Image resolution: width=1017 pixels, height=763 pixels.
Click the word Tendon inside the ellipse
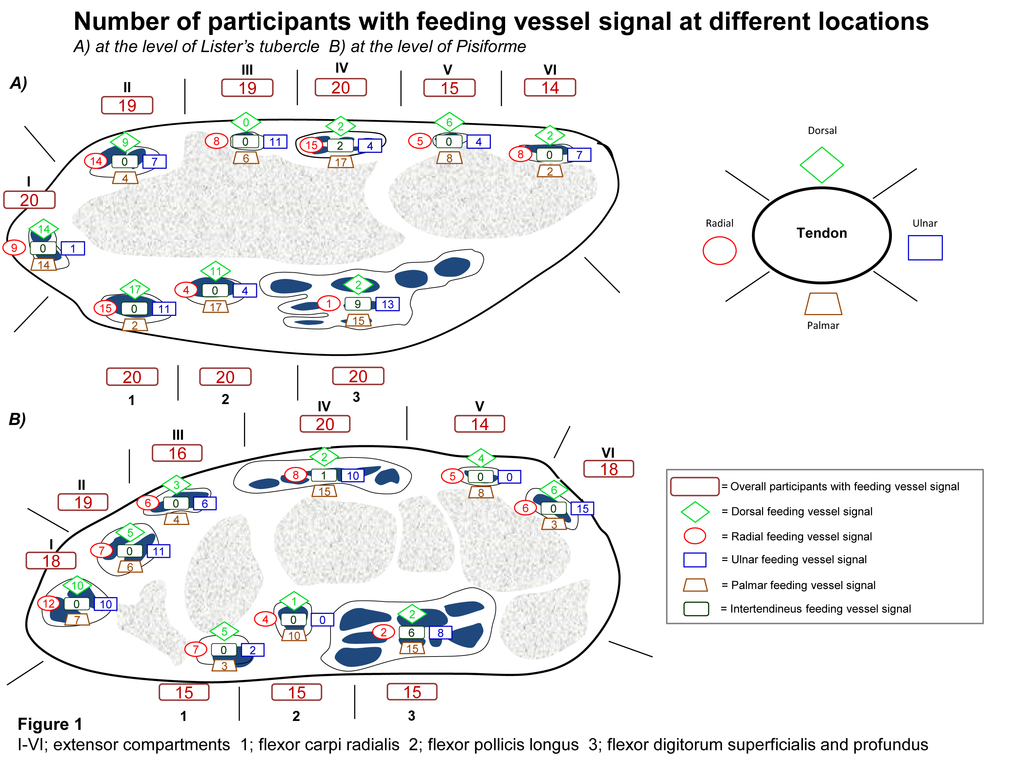[x=822, y=233]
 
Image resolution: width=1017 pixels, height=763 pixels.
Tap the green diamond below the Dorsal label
[x=822, y=165]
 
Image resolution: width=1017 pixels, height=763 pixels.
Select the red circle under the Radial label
[x=720, y=251]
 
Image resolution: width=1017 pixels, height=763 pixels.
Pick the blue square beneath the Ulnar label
[x=925, y=248]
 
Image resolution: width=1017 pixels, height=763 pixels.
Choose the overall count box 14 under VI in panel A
[x=550, y=87]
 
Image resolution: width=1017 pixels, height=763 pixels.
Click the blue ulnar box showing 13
[x=387, y=304]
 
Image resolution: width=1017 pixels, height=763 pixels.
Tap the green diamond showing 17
[x=135, y=289]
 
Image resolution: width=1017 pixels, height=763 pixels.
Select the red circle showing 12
[x=49, y=603]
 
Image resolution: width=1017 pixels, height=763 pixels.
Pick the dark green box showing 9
[x=358, y=304]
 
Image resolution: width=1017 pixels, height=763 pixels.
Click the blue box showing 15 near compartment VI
[x=582, y=509]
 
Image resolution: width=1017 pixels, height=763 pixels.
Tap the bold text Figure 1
[x=49, y=724]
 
